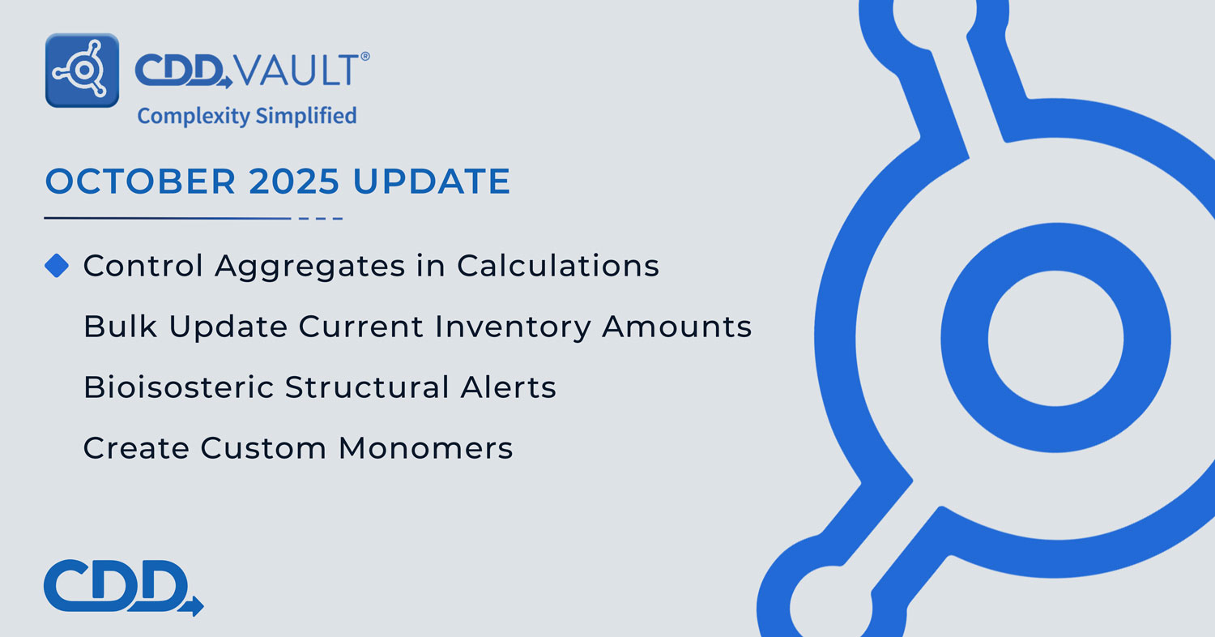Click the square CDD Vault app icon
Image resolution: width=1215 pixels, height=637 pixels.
pyautogui.click(x=83, y=71)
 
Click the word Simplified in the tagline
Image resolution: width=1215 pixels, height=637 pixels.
pyautogui.click(x=306, y=116)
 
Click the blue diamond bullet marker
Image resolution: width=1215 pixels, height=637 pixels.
pyautogui.click(x=57, y=266)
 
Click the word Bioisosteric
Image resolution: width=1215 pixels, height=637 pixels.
pyautogui.click(x=178, y=387)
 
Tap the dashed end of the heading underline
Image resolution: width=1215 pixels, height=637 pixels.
pyautogui.click(x=321, y=218)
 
